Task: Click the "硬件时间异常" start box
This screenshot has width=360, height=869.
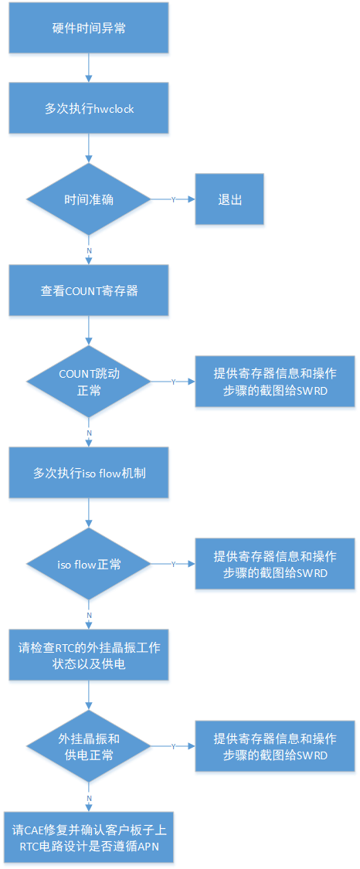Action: [89, 28]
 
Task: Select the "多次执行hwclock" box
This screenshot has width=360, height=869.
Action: [89, 108]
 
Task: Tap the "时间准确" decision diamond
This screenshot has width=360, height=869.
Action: [89, 199]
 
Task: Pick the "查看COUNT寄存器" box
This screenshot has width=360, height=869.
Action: [89, 290]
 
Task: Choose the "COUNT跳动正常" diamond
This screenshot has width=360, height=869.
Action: [89, 382]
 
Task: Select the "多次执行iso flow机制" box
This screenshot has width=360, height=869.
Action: [89, 473]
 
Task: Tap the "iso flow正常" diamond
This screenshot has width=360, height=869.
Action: [89, 564]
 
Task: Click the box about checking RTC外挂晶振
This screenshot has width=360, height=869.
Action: [89, 655]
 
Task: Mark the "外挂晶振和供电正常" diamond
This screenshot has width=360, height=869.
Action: [89, 746]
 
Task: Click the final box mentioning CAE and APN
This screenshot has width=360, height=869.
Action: [89, 837]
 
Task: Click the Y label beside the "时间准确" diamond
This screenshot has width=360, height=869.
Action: [173, 199]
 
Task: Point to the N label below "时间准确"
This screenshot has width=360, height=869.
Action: [89, 250]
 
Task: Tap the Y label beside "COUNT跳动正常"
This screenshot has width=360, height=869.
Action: [173, 382]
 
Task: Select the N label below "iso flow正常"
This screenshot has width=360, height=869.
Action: [89, 615]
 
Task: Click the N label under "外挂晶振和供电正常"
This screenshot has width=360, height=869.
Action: [89, 797]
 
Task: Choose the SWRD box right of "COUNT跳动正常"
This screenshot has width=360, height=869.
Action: [275, 382]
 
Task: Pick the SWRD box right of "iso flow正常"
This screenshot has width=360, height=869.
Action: [275, 564]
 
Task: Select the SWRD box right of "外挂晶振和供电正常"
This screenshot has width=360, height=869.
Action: [275, 746]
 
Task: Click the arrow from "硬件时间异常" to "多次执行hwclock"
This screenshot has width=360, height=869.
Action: [89, 68]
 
